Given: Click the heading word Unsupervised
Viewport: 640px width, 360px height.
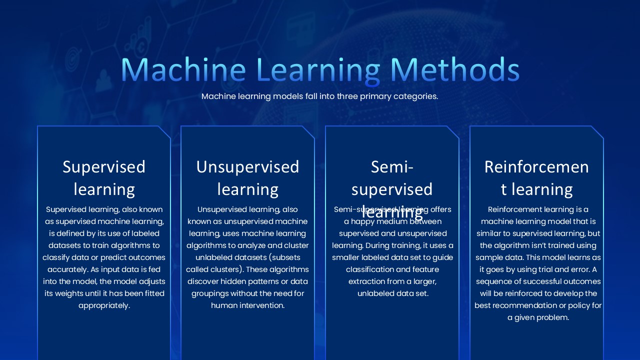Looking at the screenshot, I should pyautogui.click(x=247, y=166).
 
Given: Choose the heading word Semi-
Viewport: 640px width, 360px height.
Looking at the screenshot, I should pyautogui.click(x=392, y=166).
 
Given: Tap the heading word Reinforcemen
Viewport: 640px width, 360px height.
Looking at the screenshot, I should pyautogui.click(x=536, y=166).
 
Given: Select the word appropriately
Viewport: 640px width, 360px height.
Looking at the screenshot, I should pyautogui.click(x=104, y=305).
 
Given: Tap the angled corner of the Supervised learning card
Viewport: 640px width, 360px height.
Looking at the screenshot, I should pyautogui.click(x=164, y=132).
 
